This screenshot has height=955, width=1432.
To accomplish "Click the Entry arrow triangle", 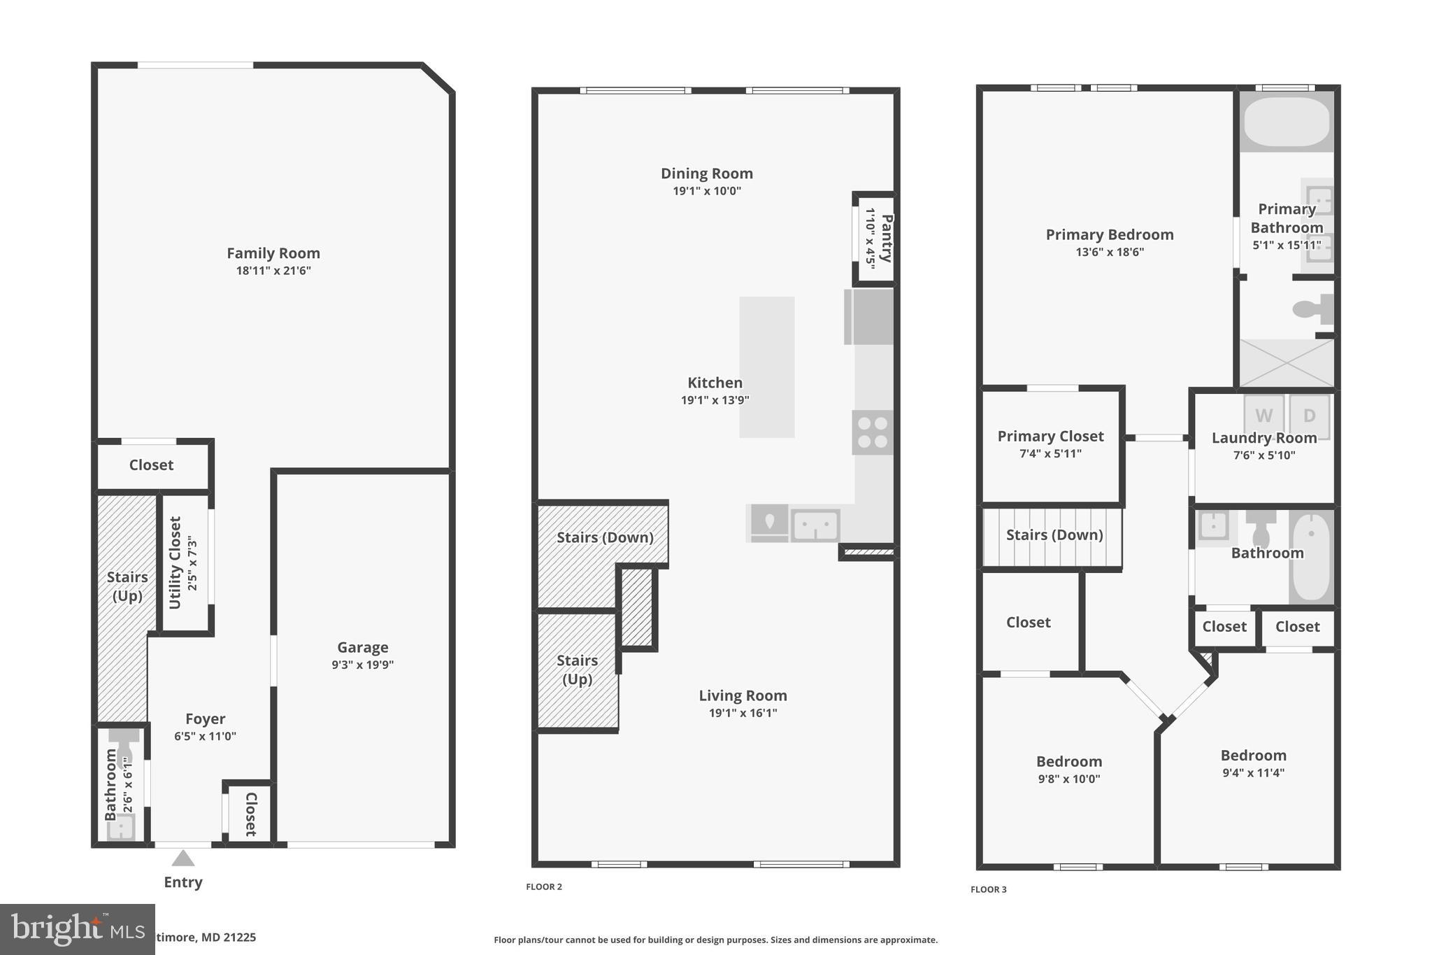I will click(183, 858).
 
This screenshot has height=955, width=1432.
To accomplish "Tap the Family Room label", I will click(273, 253).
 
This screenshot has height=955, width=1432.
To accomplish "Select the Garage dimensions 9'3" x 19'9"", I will click(362, 665).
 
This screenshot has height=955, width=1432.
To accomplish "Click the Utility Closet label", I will click(175, 563).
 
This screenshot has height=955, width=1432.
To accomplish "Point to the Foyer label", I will click(205, 719).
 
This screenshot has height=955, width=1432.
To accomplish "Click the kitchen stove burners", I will click(873, 432).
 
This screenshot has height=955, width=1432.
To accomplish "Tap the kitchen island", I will click(767, 367).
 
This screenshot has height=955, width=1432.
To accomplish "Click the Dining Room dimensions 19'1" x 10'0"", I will click(707, 191).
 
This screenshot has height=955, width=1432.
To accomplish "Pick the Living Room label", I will click(743, 695).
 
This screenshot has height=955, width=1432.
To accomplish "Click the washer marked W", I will click(1263, 416).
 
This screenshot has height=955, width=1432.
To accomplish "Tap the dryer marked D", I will click(1310, 416).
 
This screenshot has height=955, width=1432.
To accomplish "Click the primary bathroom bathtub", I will click(1287, 122).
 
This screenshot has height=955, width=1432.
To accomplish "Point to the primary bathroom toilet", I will click(1312, 309).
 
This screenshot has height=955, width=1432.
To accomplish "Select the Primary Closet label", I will click(1050, 436).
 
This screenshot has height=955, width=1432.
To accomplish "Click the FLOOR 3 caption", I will click(989, 890).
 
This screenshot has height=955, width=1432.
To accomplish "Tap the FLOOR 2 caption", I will click(544, 887).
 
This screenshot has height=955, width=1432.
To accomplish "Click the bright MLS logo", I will click(77, 929).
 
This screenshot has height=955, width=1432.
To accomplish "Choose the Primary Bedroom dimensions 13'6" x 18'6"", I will click(1110, 253).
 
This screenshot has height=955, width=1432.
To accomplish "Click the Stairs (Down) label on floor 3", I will click(1054, 535).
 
